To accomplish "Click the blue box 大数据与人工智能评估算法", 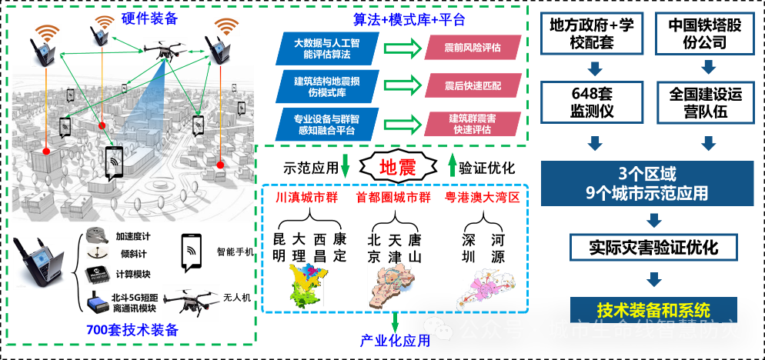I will [x=327, y=48].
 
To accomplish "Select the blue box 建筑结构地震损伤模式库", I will [x=327, y=85].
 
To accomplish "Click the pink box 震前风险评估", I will [x=473, y=48].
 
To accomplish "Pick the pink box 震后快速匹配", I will [x=473, y=85].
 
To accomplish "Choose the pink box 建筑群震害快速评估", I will [x=473, y=124].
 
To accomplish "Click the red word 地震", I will [x=397, y=167].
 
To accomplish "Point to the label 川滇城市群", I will [x=307, y=198].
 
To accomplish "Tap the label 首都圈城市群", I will [x=393, y=198].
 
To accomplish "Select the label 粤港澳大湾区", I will [x=483, y=198].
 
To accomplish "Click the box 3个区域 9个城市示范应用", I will [x=646, y=183].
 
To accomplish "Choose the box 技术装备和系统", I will [x=653, y=310].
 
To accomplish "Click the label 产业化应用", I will [x=395, y=340].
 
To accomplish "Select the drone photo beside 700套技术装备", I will [x=192, y=302].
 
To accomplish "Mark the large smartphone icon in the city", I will [x=115, y=163].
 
